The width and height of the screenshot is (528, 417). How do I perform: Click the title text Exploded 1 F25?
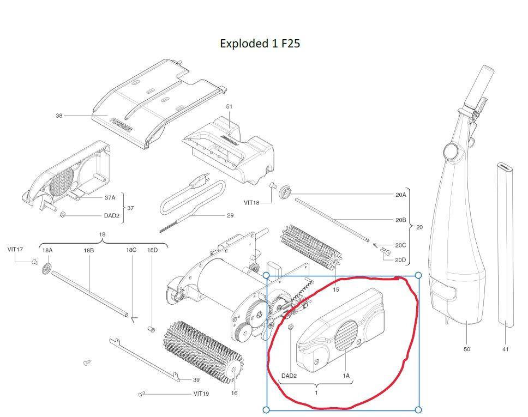(260, 44)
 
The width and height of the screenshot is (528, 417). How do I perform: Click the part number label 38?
(59, 116)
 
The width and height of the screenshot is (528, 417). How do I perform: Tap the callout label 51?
(229, 106)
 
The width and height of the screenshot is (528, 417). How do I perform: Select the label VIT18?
(251, 203)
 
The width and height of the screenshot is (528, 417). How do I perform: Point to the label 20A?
(401, 195)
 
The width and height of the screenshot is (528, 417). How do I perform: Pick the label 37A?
(110, 197)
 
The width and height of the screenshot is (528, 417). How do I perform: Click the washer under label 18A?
(47, 269)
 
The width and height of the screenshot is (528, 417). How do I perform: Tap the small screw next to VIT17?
(34, 261)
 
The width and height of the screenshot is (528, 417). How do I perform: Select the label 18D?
(152, 250)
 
